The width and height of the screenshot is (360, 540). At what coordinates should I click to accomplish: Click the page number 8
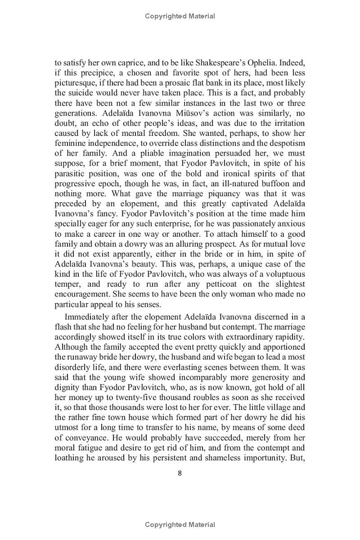point(180,472)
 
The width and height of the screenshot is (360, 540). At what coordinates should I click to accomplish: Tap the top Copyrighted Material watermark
point(180,16)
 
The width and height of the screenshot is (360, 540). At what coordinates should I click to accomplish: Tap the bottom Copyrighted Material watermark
point(180,524)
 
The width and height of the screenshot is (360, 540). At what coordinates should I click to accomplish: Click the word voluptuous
point(283,274)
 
